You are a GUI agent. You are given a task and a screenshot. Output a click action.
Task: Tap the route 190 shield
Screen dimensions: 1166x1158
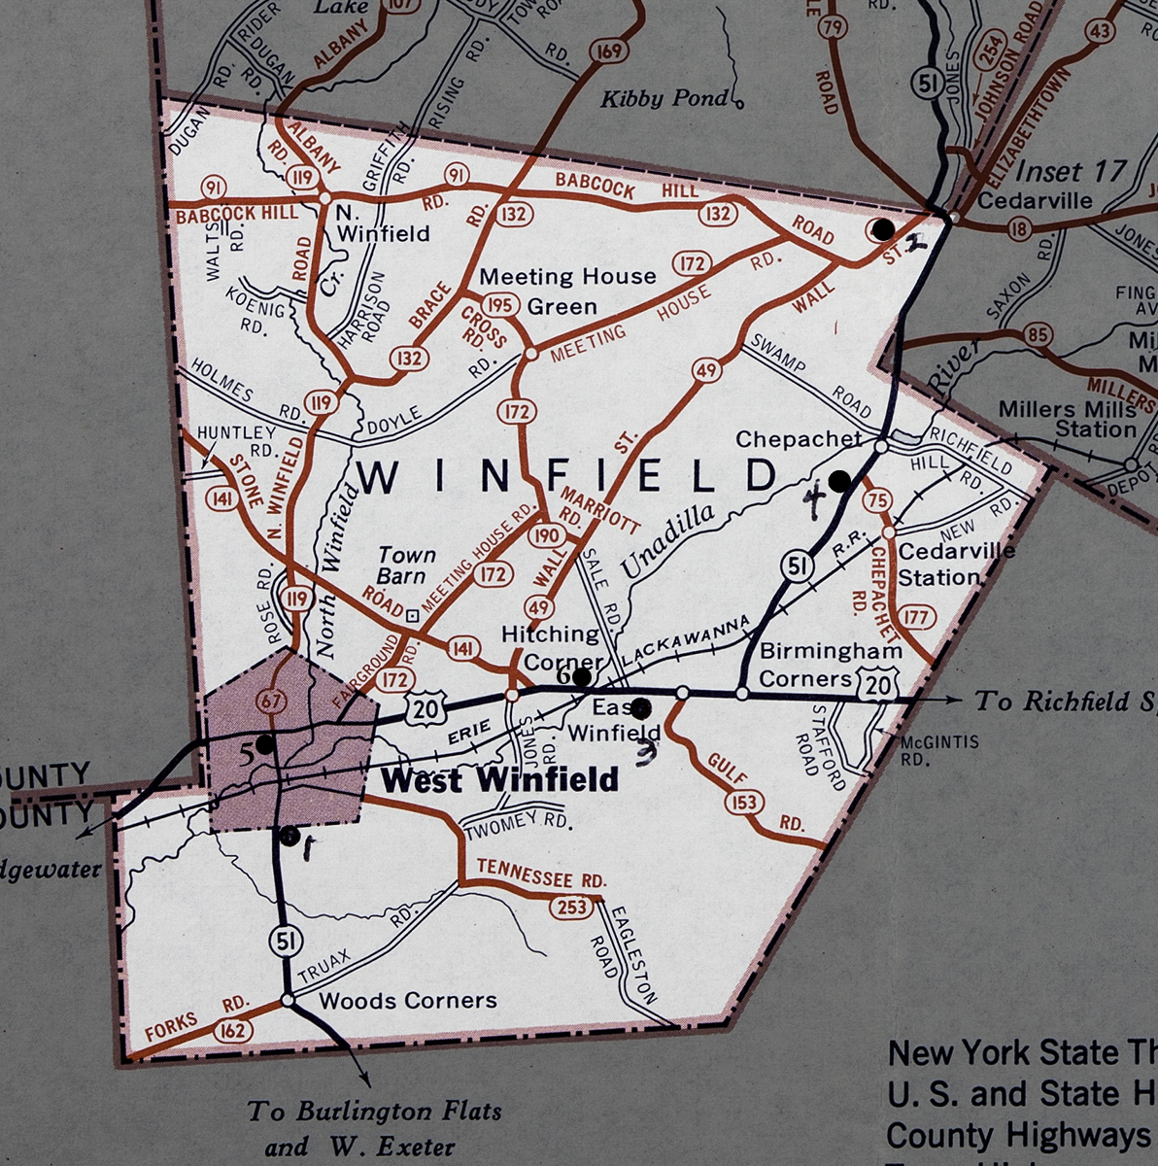pyautogui.click(x=547, y=535)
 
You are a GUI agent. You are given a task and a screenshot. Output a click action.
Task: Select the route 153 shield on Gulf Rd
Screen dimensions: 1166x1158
pyautogui.click(x=746, y=802)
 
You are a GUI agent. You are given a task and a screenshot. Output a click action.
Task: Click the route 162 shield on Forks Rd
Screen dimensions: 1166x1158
pyautogui.click(x=232, y=1029)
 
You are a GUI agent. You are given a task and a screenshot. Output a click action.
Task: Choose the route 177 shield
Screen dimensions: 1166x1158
pyautogui.click(x=917, y=616)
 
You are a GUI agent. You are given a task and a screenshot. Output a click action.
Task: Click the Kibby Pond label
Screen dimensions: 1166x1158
pyautogui.click(x=664, y=98)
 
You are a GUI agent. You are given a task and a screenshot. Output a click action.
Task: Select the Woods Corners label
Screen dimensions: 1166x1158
pyautogui.click(x=408, y=1000)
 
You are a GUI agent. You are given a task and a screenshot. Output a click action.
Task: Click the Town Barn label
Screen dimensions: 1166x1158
pyautogui.click(x=406, y=566)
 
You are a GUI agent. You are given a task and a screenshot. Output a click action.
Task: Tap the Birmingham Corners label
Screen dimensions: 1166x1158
pyautogui.click(x=830, y=664)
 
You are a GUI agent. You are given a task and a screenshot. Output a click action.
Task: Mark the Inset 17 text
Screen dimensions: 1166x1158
pyautogui.click(x=1070, y=171)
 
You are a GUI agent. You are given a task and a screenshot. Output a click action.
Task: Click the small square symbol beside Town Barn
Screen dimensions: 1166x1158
pyautogui.click(x=413, y=614)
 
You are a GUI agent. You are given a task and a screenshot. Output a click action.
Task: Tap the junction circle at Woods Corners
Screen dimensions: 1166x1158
pyautogui.click(x=287, y=999)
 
